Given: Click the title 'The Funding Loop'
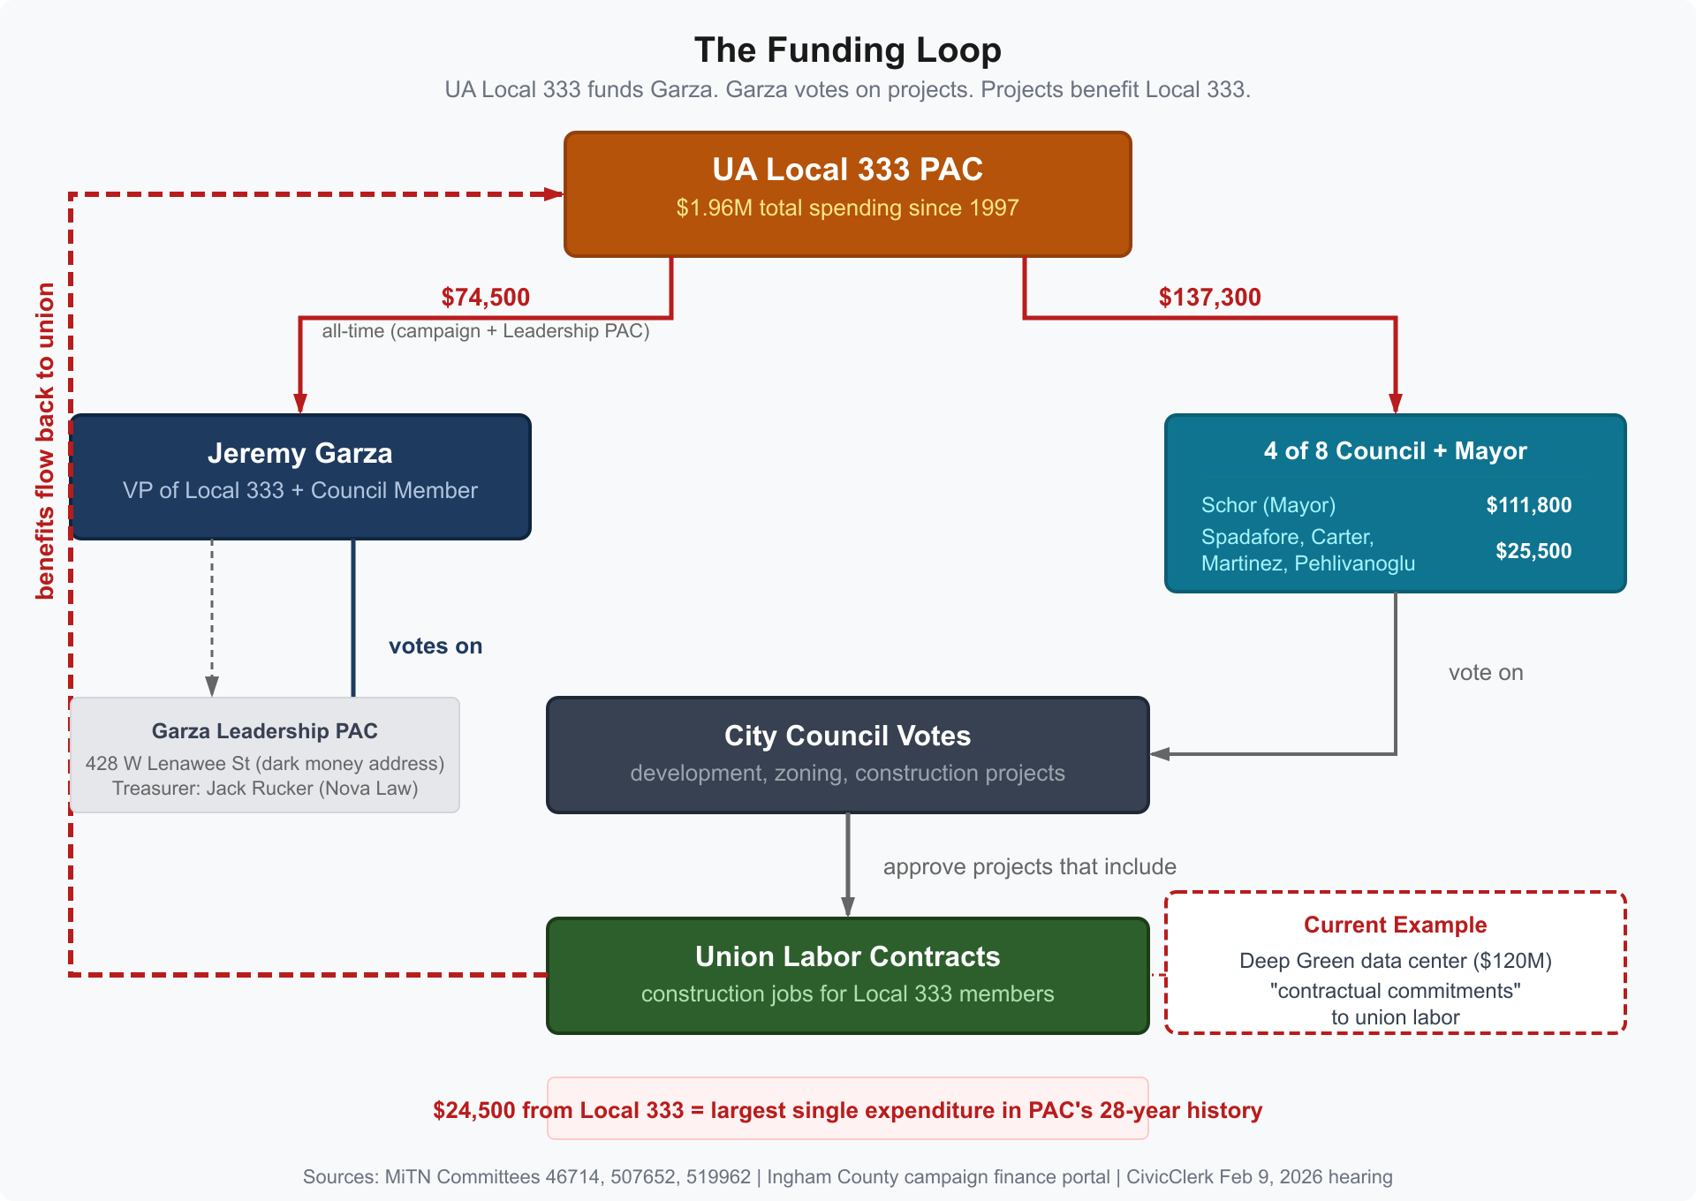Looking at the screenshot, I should [x=847, y=50].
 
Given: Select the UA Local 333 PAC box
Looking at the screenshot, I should [x=847, y=193].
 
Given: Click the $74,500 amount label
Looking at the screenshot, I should [x=485, y=297].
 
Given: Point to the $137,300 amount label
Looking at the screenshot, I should [x=1209, y=297].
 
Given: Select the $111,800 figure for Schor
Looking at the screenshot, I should [x=1528, y=505].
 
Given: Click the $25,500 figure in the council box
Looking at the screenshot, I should [x=1533, y=551].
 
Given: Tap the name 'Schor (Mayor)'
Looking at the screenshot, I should [x=1268, y=505].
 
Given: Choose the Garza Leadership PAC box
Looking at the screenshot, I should [x=264, y=754].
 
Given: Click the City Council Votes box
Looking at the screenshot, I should [x=847, y=754].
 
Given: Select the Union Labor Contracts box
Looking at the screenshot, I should [x=847, y=975].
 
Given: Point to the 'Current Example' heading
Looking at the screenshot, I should [x=1395, y=925].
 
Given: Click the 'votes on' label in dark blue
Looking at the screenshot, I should [x=435, y=646].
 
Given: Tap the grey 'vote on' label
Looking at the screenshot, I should [x=1486, y=672].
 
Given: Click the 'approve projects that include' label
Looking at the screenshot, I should [x=1029, y=866].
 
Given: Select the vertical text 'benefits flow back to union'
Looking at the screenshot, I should [x=45, y=442].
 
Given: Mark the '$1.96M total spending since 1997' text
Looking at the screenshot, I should [x=847, y=208].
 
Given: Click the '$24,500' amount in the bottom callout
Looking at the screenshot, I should [x=473, y=1110].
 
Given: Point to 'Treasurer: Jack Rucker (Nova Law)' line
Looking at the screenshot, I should [x=264, y=788].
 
